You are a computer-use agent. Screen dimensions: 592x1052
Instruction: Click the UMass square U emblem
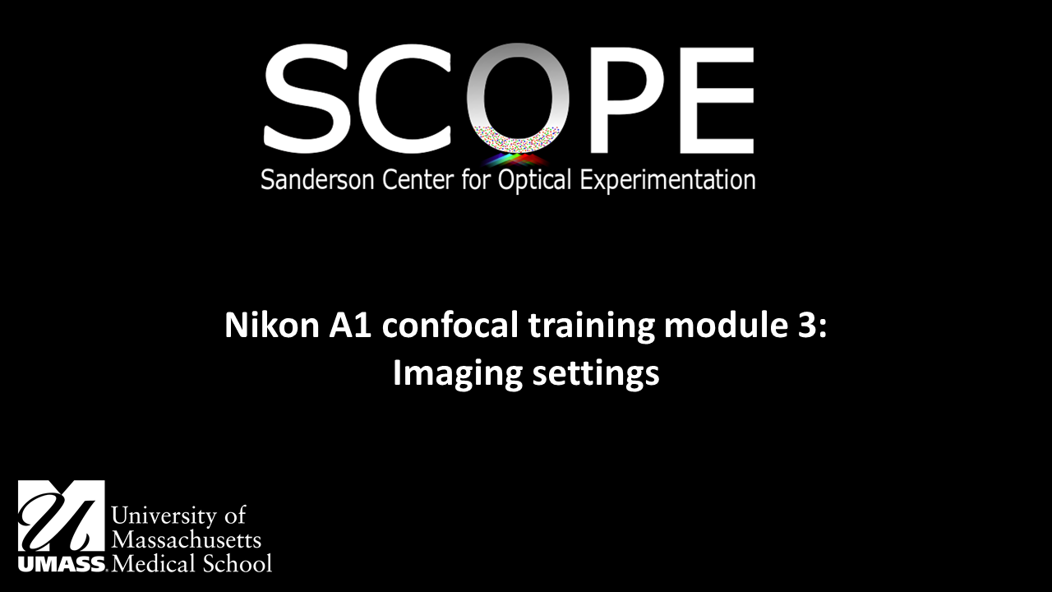[x=61, y=516]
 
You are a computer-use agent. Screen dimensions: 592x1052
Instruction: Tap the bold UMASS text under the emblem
[x=61, y=565]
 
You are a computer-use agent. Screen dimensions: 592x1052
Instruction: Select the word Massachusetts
[x=186, y=540]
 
